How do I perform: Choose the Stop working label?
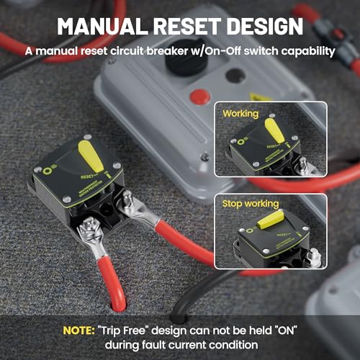[251, 204]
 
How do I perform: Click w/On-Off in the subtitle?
[203, 51]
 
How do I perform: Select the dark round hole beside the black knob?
[235, 75]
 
